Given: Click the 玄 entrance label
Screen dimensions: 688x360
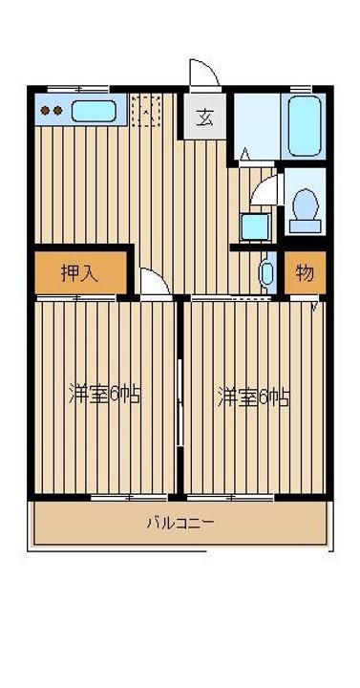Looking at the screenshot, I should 204,118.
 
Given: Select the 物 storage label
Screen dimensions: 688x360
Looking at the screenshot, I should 304,273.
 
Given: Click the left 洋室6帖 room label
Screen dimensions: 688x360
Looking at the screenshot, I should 104,395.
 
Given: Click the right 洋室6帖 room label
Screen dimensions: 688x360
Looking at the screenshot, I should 253,395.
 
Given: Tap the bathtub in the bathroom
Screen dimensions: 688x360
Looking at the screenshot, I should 306,125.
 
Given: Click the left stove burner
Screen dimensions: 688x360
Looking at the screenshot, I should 45,111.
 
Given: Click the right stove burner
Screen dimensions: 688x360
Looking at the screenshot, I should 58,111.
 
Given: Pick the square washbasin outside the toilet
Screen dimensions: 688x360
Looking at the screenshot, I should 254,226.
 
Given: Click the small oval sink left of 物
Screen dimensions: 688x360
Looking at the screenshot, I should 268,273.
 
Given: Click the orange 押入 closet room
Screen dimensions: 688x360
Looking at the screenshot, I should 80,273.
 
